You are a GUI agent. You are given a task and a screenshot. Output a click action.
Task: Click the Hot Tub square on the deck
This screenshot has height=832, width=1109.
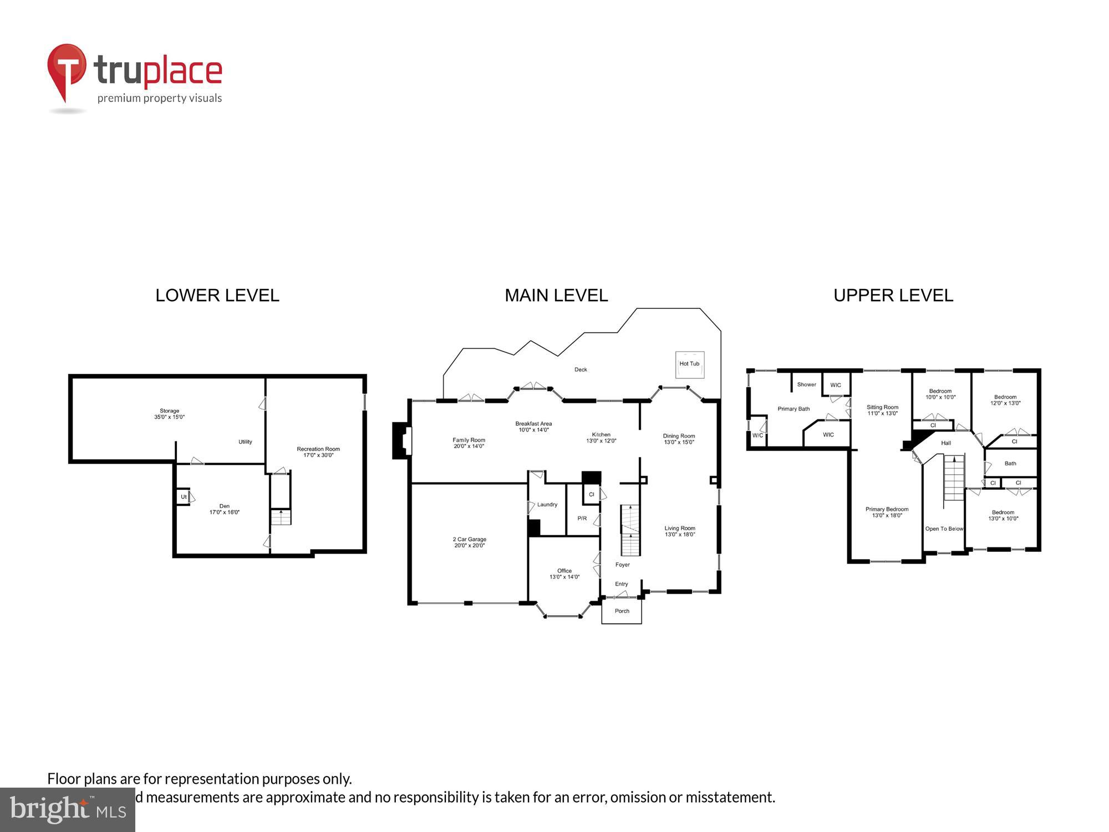689,364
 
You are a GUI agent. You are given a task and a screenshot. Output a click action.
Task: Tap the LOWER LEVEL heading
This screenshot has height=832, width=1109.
217,296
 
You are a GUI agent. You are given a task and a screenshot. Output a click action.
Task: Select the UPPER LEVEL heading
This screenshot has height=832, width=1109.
893,296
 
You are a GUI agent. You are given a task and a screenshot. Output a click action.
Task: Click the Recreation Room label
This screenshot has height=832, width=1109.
318,452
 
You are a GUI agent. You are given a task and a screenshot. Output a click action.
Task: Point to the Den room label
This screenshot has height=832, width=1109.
224,509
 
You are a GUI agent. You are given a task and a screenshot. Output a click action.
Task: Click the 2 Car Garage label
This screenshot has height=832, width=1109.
469,542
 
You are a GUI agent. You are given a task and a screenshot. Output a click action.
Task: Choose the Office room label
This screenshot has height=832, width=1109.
564,574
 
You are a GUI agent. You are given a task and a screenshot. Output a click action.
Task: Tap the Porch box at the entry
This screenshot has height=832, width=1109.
622,611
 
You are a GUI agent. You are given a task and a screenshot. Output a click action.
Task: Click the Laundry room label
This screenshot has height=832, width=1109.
547,504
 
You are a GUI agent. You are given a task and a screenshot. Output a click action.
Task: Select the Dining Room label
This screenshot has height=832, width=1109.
679,439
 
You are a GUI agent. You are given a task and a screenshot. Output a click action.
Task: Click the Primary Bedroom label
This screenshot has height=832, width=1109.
887,512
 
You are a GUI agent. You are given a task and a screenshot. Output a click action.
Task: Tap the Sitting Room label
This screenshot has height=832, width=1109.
882,410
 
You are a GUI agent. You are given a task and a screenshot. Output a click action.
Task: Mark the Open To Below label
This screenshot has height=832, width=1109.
944,529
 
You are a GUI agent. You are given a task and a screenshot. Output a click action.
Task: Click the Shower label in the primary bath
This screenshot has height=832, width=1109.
806,384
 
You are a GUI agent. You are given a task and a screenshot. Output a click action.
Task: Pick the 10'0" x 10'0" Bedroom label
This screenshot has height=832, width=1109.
940,394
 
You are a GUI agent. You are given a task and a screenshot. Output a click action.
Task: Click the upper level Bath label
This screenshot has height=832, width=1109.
1010,463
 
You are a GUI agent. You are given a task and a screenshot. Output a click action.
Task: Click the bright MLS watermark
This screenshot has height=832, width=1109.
67,810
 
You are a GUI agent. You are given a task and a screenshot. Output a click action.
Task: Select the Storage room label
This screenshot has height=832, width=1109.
169,414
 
